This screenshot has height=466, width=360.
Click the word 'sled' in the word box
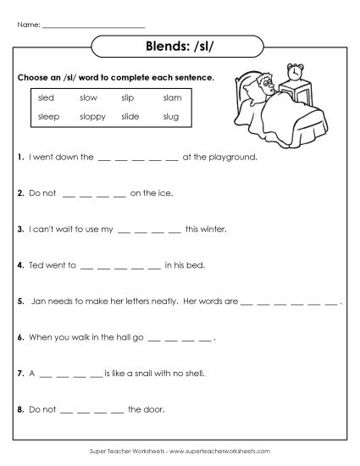(46, 98)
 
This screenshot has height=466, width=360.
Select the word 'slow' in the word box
(88, 98)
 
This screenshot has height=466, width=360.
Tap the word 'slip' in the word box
(128, 98)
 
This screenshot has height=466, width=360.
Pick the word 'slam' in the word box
(172, 98)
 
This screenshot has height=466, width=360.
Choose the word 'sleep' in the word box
(48, 115)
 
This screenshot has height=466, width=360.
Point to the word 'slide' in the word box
(130, 115)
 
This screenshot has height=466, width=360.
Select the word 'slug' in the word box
(171, 115)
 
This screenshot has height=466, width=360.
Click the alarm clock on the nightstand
(295, 73)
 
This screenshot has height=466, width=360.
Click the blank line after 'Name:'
(86, 25)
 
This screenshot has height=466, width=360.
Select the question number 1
(19, 157)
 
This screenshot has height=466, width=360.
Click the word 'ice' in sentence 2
(164, 192)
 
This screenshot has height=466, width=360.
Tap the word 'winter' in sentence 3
(212, 229)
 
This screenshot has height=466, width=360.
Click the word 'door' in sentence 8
(154, 408)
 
